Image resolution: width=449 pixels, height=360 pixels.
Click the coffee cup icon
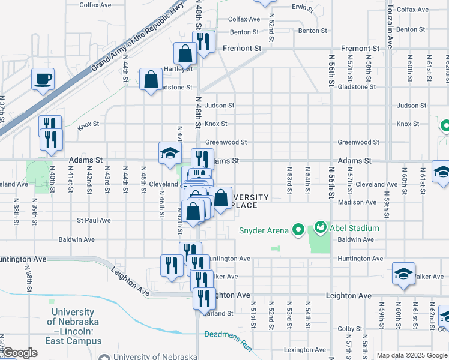(x=43, y=79)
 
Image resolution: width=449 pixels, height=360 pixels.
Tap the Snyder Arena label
(x=265, y=229)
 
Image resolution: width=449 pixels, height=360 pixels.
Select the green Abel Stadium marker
(x=319, y=228)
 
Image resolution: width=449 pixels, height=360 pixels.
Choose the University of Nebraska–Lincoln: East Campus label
(x=73, y=326)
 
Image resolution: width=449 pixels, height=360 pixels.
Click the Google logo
(x=19, y=353)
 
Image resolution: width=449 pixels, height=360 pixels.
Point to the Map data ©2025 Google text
(x=412, y=355)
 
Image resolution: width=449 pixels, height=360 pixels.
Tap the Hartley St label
(x=178, y=68)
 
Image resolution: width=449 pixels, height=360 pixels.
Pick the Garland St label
(x=220, y=313)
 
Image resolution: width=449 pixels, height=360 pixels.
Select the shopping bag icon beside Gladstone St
(x=151, y=79)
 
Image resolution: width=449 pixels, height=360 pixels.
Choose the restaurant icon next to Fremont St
(x=203, y=41)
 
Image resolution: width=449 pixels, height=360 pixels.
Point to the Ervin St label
(x=303, y=8)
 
